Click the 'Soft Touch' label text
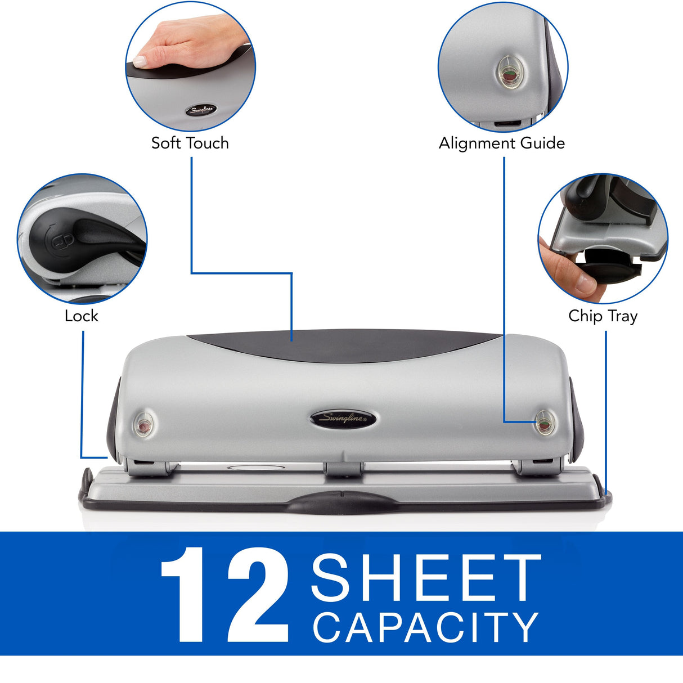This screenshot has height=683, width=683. point(190,143)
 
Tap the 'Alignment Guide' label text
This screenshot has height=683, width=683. point(501,143)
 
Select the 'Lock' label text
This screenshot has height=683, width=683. point(81,316)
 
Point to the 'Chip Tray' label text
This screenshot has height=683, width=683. point(603,316)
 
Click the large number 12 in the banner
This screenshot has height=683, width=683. point(225,595)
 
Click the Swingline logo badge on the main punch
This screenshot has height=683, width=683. point(343,419)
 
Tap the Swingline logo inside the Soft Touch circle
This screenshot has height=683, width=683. point(201,110)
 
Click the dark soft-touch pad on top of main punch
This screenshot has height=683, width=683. point(343,343)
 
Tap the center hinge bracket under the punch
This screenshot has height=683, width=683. point(343,469)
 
